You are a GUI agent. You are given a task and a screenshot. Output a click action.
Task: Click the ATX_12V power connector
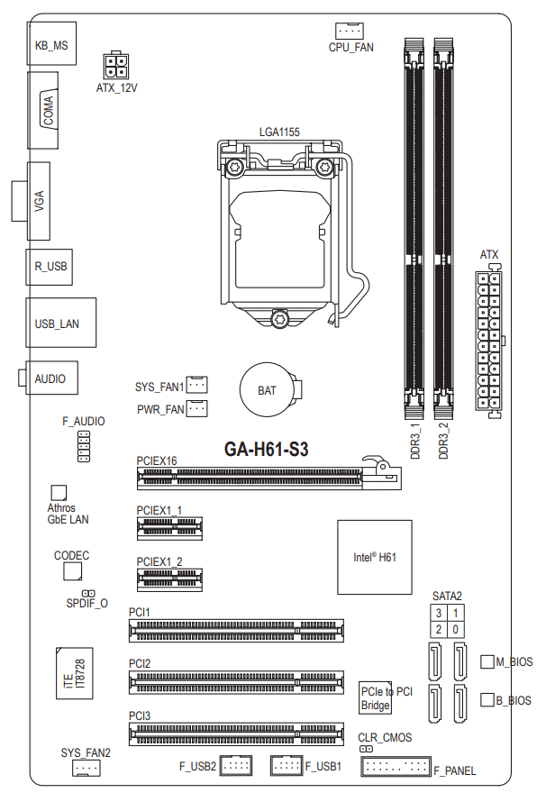click(x=116, y=66)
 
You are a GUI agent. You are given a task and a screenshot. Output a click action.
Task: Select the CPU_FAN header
click(x=350, y=31)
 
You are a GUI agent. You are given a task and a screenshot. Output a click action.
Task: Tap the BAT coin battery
click(x=267, y=390)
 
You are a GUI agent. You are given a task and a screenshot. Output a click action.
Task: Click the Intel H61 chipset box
click(x=375, y=558)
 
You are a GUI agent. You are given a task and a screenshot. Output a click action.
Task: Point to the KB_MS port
click(x=51, y=43)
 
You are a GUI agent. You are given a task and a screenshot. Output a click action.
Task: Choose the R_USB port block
click(x=50, y=267)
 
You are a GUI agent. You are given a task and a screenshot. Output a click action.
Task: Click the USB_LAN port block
click(x=61, y=323)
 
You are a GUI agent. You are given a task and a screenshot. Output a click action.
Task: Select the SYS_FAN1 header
click(x=196, y=385)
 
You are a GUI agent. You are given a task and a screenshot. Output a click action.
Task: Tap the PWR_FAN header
click(x=196, y=408)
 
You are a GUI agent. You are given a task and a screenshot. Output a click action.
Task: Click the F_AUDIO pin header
click(x=83, y=446)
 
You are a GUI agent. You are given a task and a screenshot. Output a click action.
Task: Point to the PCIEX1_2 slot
click(x=169, y=579)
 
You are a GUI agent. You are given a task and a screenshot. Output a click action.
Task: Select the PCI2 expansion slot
click(x=236, y=682)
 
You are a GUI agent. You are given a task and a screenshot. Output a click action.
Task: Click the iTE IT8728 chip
click(x=74, y=673)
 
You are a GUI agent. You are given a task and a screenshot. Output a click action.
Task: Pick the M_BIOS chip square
click(x=487, y=661)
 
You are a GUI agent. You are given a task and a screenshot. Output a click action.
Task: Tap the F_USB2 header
click(x=236, y=766)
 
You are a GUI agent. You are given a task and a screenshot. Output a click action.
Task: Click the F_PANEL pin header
click(x=396, y=767)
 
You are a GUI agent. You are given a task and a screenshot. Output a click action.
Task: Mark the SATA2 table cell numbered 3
click(x=439, y=613)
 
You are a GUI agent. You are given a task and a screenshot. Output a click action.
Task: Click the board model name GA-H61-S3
click(x=267, y=449)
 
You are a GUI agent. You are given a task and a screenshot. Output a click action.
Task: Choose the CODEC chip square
click(x=73, y=571)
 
